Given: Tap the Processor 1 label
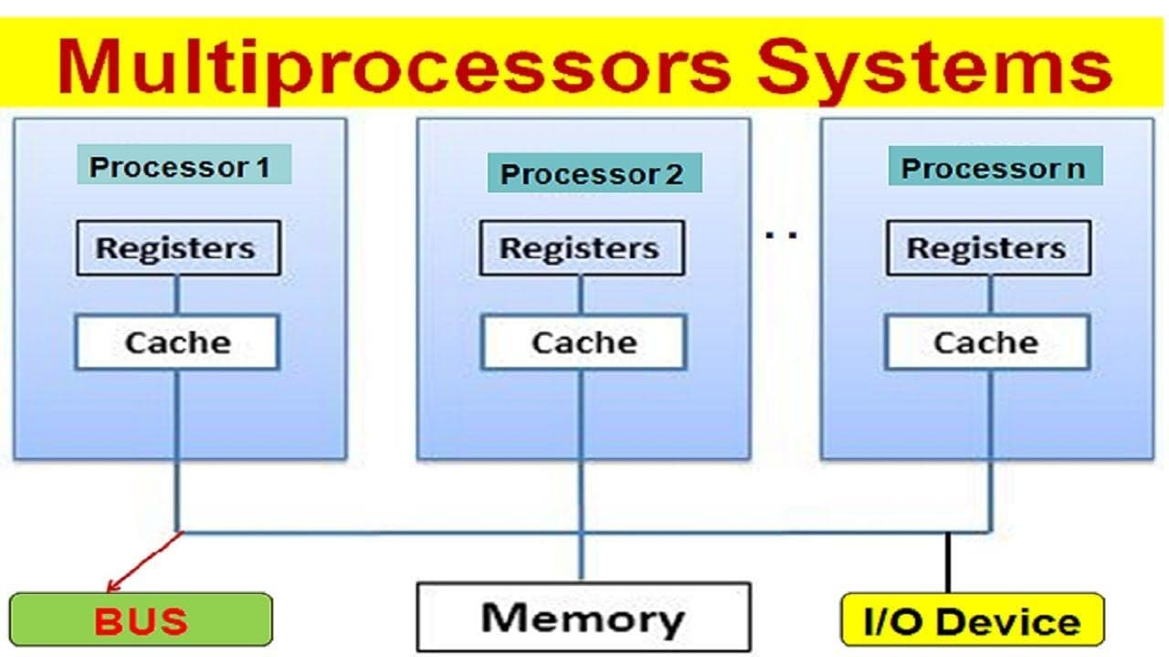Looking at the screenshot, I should (180, 167).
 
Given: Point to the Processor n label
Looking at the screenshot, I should (994, 168).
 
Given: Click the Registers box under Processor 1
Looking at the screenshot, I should (176, 248).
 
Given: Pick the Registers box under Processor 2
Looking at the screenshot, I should (580, 248).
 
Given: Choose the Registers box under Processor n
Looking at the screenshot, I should (987, 248).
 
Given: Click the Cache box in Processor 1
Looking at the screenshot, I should (176, 343).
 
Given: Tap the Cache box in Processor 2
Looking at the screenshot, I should (583, 343).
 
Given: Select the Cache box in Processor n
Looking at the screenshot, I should (986, 343).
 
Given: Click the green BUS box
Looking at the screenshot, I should (141, 620).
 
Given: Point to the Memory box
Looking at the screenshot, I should (583, 618).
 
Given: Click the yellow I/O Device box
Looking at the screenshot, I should (971, 620).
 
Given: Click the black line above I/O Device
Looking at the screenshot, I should (948, 562).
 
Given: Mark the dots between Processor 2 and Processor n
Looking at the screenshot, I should (781, 235).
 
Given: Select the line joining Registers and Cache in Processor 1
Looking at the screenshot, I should (176, 296).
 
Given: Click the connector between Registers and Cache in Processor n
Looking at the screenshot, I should (990, 296).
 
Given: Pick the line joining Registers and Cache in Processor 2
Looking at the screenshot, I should (580, 296).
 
